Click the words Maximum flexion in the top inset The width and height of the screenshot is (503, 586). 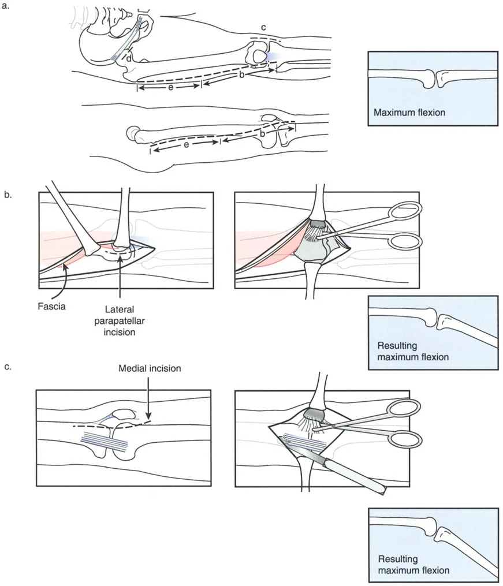(409, 113)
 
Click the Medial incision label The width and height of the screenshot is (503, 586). (149, 368)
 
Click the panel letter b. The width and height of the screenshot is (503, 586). (8, 195)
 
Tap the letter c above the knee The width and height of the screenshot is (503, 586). (263, 28)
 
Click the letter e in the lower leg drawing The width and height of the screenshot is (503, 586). (185, 145)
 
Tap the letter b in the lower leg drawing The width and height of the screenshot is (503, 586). (263, 133)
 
